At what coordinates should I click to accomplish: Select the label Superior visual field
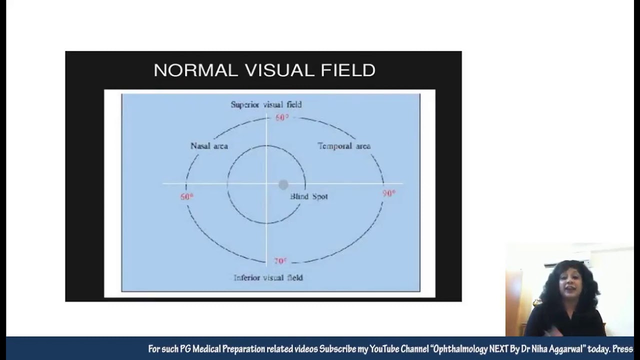266,104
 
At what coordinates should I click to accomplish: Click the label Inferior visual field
268,277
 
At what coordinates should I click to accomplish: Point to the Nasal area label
209,146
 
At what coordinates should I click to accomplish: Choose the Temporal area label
344,146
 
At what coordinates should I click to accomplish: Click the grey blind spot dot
283,185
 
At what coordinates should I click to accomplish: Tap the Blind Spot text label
309,196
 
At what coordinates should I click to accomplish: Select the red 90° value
388,193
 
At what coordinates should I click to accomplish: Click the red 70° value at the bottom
280,261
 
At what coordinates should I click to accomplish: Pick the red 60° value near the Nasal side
186,197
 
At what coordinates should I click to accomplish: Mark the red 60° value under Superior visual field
282,117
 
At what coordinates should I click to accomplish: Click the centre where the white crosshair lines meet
266,184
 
